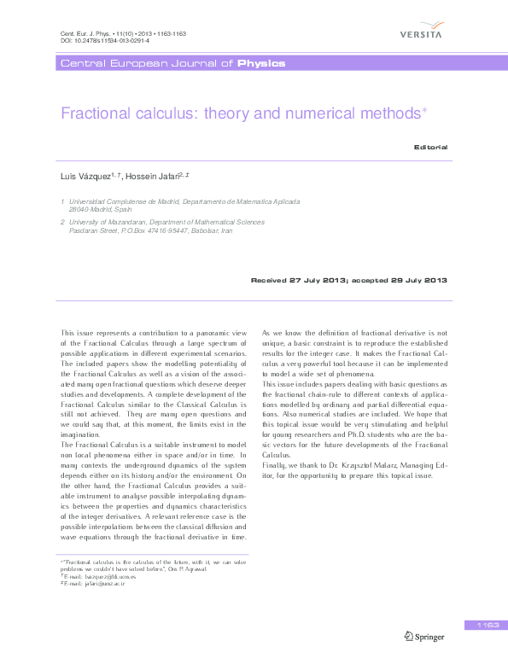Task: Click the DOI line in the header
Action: tap(105, 40)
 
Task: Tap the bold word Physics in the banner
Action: tap(261, 64)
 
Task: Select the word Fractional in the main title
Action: tap(95, 113)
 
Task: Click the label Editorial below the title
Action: tap(430, 147)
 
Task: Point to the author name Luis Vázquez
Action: tap(89, 176)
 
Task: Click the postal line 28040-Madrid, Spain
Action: tap(100, 208)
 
